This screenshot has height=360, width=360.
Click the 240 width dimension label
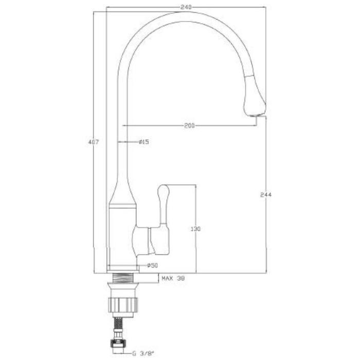coord(186,7)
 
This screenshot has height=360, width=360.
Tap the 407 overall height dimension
coord(94,142)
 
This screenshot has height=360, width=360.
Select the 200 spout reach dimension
coord(190,125)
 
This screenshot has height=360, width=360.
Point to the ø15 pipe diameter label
coord(143,142)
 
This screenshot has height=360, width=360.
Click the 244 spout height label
coord(266,195)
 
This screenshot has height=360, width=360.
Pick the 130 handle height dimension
coord(195,229)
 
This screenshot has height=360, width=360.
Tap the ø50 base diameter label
coord(152,265)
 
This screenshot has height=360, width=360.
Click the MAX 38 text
coord(173,279)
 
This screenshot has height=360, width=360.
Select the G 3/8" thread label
coord(143,353)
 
